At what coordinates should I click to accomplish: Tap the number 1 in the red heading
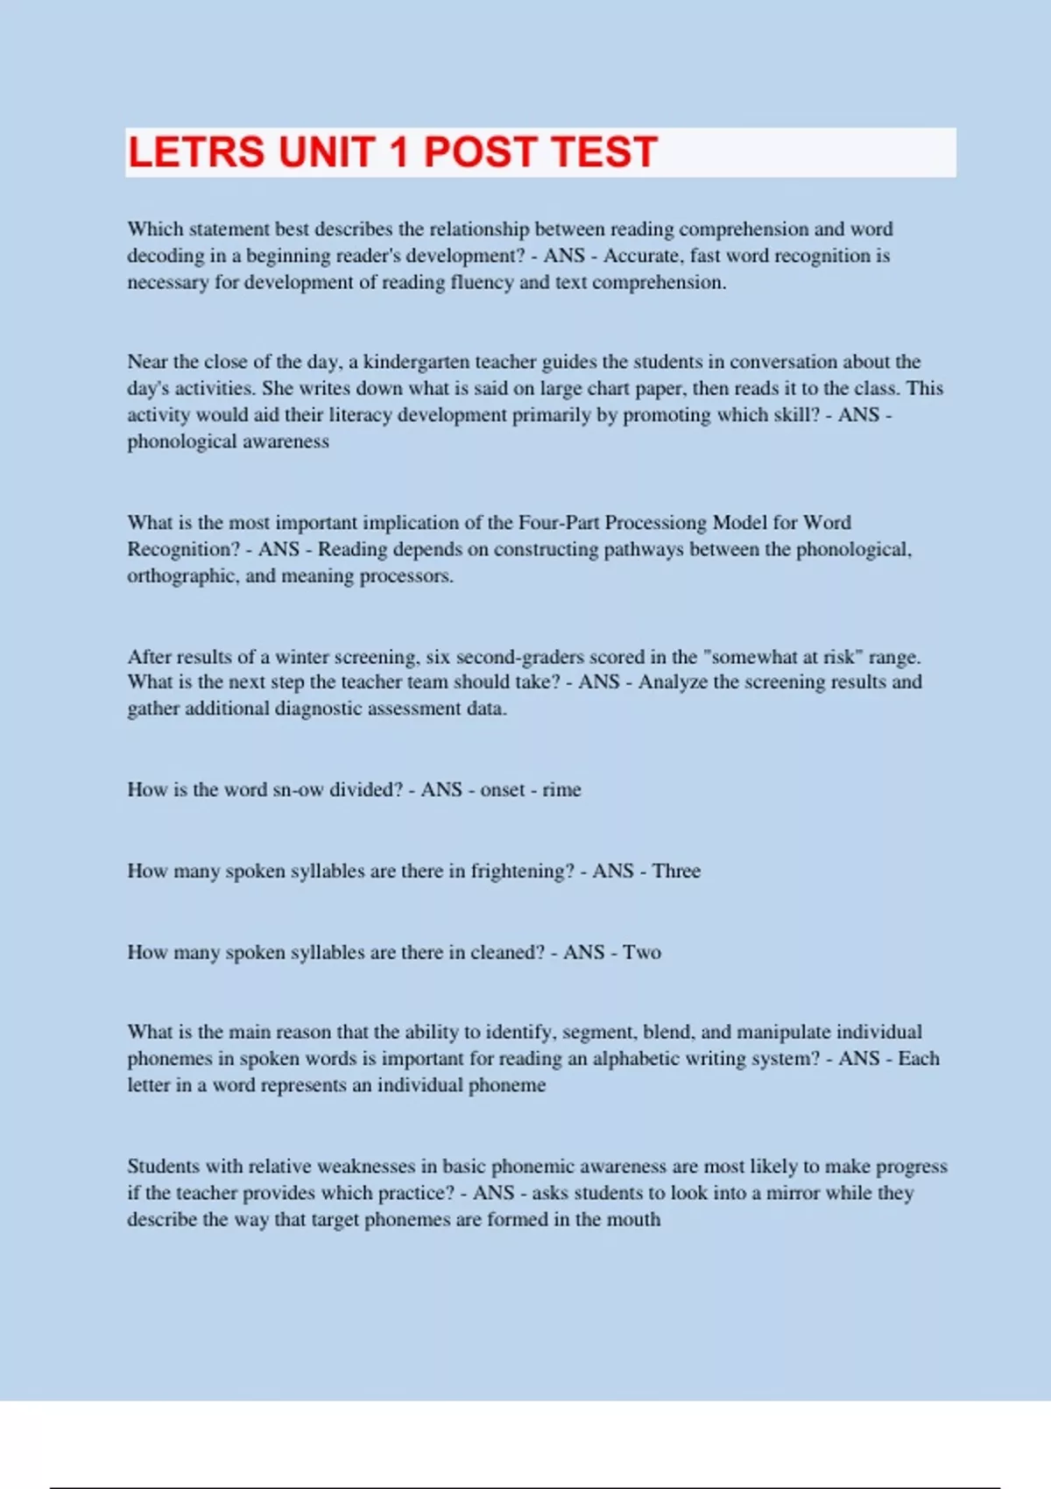pos(399,152)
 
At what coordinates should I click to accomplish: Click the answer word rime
pos(561,789)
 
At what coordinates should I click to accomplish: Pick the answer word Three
pos(676,871)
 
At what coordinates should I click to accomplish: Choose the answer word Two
pos(642,952)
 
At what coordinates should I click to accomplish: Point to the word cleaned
pos(506,952)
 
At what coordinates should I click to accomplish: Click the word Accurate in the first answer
pos(641,256)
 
